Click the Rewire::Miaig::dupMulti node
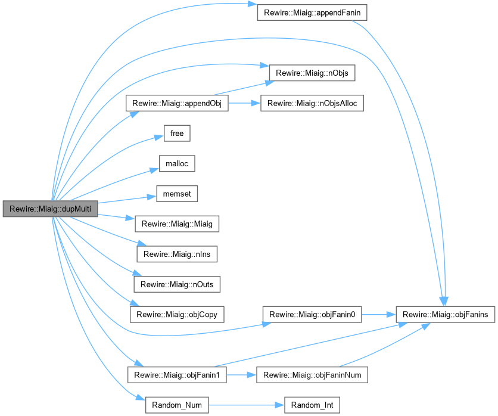pyautogui.click(x=50, y=209)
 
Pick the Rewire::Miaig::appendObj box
pyautogui.click(x=177, y=103)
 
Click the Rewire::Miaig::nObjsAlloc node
pyautogui.click(x=312, y=103)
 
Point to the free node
pyautogui.click(x=177, y=133)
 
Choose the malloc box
pyautogui.click(x=177, y=163)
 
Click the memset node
pyautogui.click(x=177, y=194)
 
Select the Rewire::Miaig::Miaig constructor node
pyautogui.click(x=177, y=224)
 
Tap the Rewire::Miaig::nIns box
pyautogui.click(x=177, y=254)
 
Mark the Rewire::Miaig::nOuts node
pyautogui.click(x=177, y=284)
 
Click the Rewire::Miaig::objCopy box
pyautogui.click(x=177, y=314)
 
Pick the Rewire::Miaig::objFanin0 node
pyautogui.click(x=312, y=314)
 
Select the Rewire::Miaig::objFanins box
pyautogui.click(x=446, y=314)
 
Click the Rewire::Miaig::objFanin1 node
pyautogui.click(x=177, y=375)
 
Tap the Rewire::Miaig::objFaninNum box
pyautogui.click(x=312, y=375)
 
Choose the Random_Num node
pyautogui.click(x=177, y=405)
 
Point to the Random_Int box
pyautogui.click(x=312, y=405)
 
